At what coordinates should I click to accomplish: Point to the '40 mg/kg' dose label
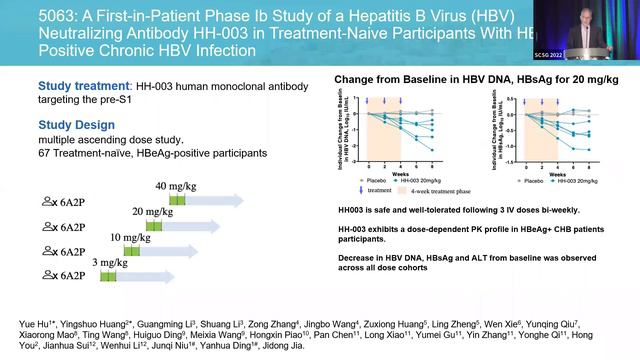[175, 186]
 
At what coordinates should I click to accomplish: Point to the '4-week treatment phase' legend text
[442, 190]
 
